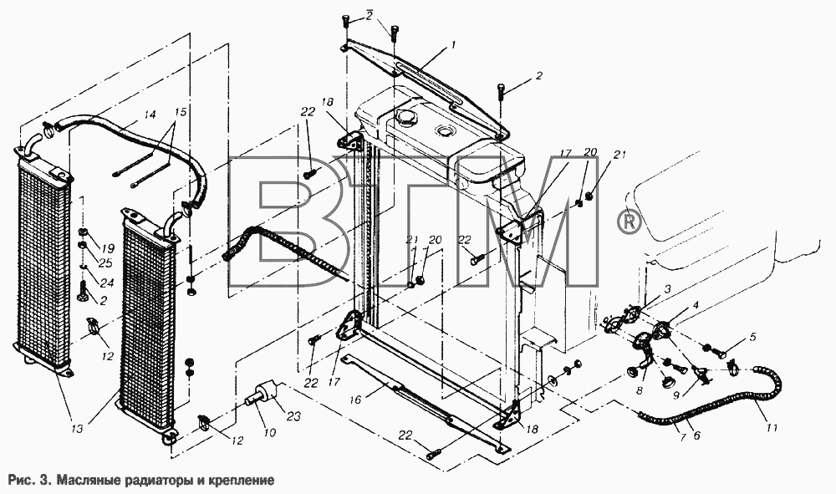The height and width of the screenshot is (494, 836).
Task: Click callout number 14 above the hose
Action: pos(150,114)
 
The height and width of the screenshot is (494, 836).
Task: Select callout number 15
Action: pos(181,113)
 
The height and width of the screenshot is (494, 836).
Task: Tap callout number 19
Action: pos(108,247)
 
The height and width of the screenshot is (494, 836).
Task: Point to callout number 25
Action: pos(105,262)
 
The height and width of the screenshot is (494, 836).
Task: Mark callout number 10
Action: pos(270,432)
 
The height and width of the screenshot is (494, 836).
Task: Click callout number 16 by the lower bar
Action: pos(355,400)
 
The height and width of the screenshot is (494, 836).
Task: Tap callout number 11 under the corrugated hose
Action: pos(772,427)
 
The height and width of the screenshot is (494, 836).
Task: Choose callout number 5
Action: pos(753,337)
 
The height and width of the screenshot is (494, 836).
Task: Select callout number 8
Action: pos(640,390)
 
